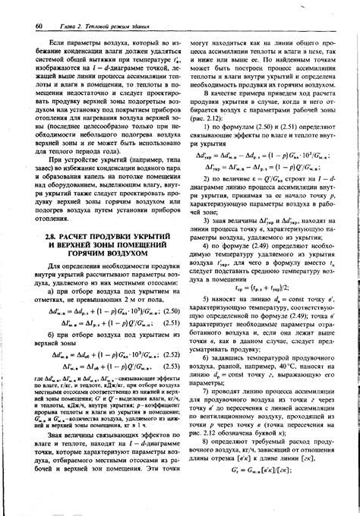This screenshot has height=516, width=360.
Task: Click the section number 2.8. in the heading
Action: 51,238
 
